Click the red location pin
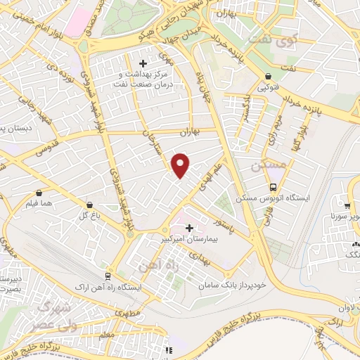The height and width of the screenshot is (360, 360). [x=181, y=165]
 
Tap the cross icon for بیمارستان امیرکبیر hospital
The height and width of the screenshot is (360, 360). [x=188, y=227]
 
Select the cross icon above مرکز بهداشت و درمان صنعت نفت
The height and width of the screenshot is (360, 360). [x=143, y=63]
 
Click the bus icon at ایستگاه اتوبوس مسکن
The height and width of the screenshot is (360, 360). [x=273, y=187]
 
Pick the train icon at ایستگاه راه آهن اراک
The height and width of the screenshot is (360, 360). [x=108, y=276]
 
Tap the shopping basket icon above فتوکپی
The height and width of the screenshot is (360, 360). [x=268, y=77]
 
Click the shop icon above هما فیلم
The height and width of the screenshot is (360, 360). [x=37, y=192]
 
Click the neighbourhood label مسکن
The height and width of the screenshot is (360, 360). [x=269, y=165]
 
